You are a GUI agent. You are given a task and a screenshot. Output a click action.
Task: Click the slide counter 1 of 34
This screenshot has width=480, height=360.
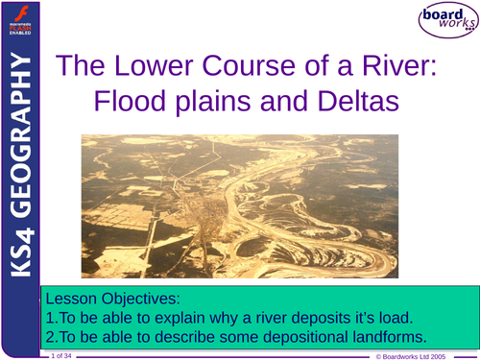[60, 355]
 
